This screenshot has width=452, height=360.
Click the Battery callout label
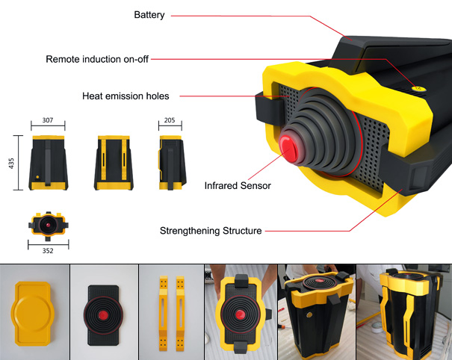click(x=149, y=15)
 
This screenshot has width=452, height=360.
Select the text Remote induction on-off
click(x=97, y=59)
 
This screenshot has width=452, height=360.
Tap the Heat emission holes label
click(x=126, y=96)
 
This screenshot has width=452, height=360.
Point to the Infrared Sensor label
click(x=238, y=186)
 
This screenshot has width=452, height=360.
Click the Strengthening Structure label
click(x=211, y=231)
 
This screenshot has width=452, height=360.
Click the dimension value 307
click(x=48, y=120)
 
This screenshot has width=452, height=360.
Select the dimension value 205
click(x=170, y=120)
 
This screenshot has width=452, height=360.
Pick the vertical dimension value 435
click(x=11, y=163)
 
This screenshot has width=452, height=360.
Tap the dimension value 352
click(x=48, y=251)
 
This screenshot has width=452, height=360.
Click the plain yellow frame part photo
click(x=33, y=314)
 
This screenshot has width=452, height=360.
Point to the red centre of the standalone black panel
click(x=103, y=316)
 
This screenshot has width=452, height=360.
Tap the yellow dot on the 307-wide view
click(x=37, y=177)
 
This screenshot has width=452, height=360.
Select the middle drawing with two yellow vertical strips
click(x=114, y=163)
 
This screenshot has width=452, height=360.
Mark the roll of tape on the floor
click(x=377, y=327)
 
